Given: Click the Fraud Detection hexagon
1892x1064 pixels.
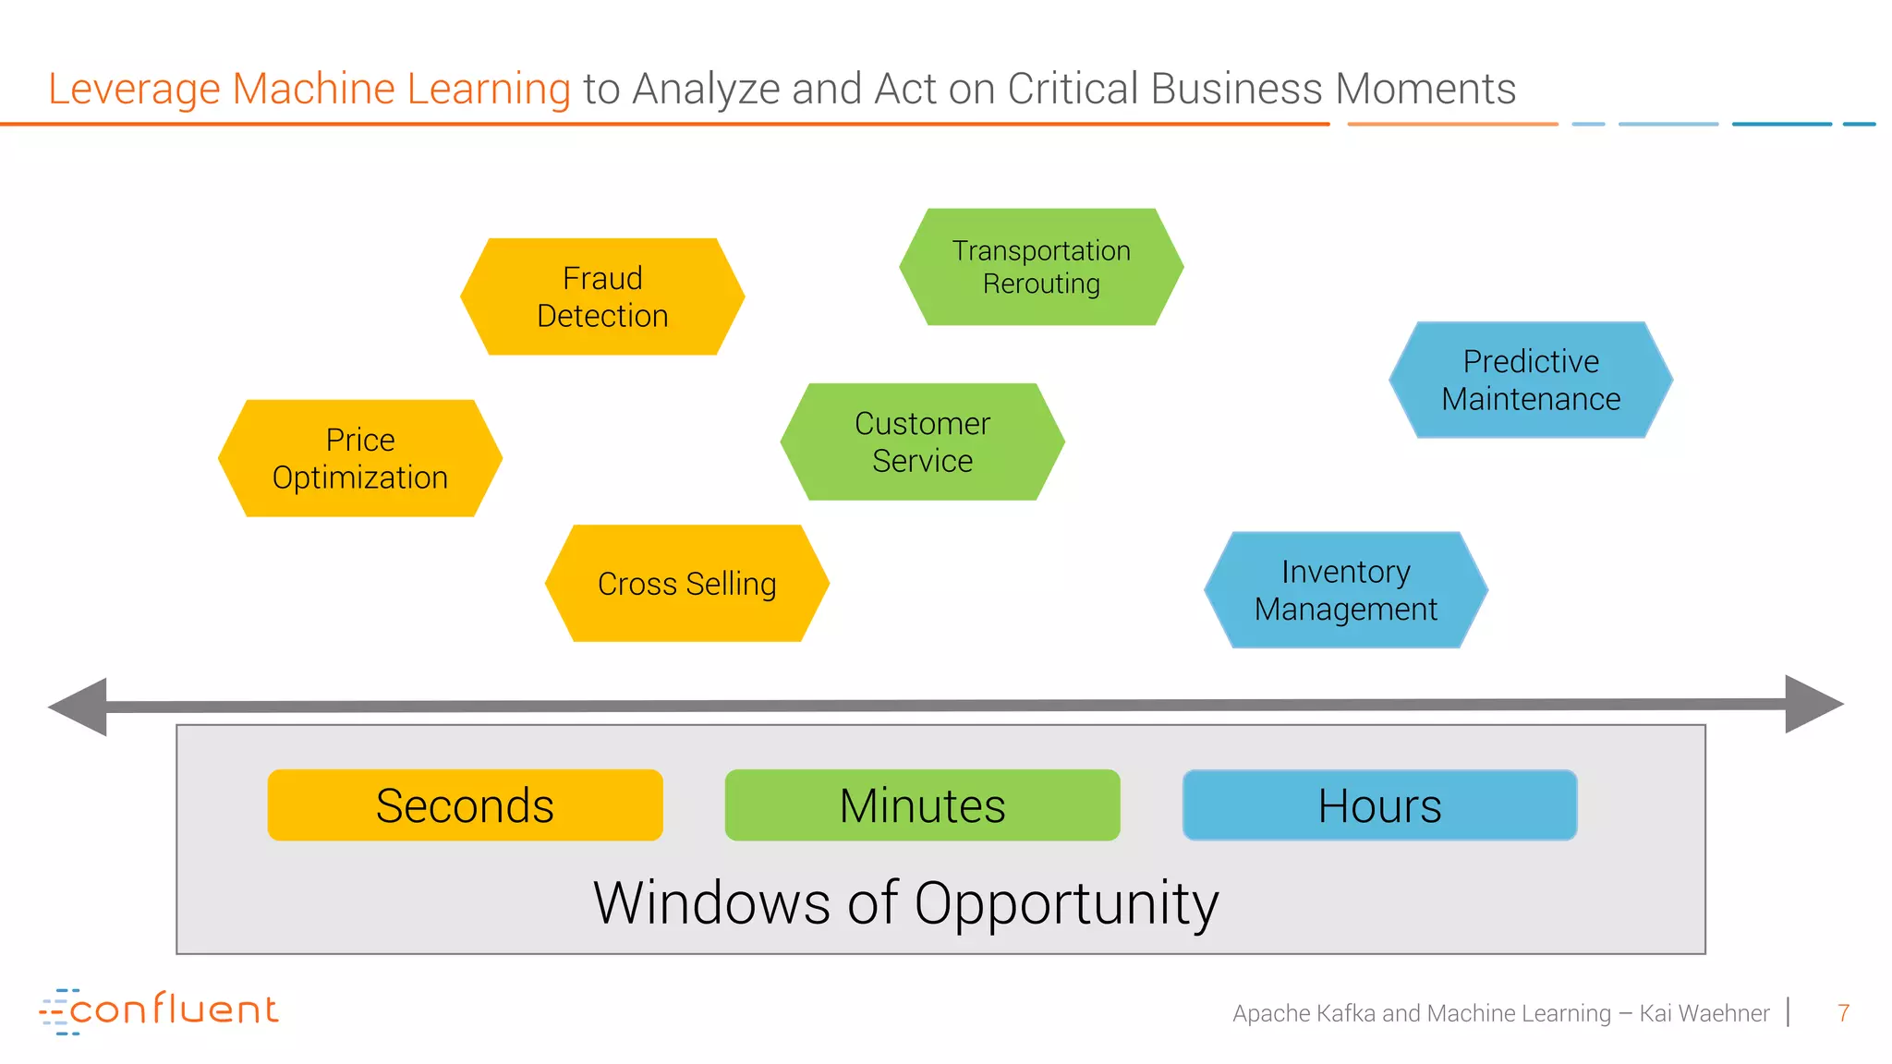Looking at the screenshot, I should (602, 296).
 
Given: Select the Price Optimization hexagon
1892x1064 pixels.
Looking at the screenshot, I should (360, 458).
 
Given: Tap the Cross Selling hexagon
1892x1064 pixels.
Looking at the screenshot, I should (687, 584).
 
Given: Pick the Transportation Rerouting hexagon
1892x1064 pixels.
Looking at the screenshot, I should (1041, 267).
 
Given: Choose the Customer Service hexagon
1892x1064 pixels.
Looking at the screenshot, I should (922, 441).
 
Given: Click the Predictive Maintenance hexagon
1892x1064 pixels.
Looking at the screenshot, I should (1531, 380).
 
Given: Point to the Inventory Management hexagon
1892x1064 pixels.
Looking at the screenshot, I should (1346, 590).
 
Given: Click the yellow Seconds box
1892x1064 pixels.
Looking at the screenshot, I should (465, 805).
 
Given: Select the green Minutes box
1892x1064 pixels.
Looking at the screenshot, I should (922, 805).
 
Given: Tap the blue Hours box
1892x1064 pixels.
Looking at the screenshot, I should (1379, 805).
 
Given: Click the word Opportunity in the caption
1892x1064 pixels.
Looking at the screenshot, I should (1066, 903).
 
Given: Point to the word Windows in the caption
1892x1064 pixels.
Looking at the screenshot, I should (711, 903).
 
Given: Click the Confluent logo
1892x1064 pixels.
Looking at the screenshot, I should (159, 1010).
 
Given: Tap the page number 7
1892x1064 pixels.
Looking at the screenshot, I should (1843, 1013).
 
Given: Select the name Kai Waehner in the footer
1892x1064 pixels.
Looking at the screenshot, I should (1704, 1013).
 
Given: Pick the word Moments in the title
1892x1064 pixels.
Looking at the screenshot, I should (1425, 90).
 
